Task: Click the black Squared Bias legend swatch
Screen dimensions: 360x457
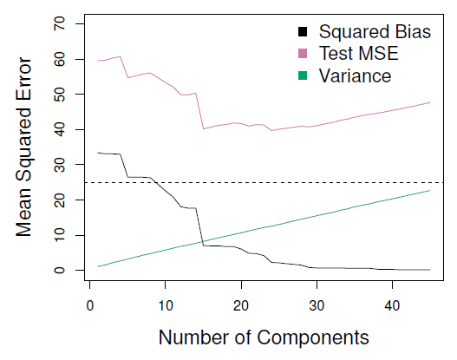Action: [303, 33]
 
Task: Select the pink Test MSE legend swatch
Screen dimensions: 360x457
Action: [303, 55]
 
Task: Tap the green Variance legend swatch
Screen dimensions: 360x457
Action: [303, 76]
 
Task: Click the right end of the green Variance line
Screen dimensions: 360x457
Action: [430, 190]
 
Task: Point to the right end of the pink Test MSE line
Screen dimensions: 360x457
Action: [430, 102]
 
